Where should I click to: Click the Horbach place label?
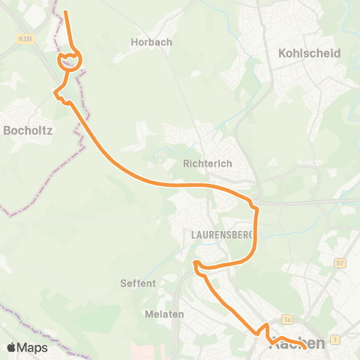(151, 43)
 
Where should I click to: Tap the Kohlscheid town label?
(309, 54)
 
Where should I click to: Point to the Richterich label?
(206, 162)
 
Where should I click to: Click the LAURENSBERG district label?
(217, 234)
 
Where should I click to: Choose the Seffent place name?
(138, 283)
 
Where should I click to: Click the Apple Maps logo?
(27, 347)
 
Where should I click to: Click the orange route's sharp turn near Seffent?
(196, 263)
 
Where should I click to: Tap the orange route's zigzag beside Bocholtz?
(58, 93)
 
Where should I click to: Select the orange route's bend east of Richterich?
(255, 207)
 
